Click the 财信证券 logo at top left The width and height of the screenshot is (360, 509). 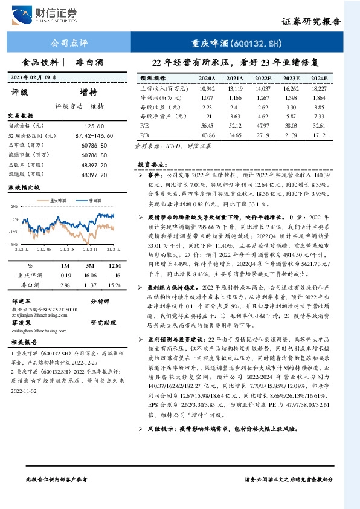(42, 15)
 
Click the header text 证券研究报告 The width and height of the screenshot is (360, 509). (311, 21)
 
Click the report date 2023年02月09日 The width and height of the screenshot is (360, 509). (33, 77)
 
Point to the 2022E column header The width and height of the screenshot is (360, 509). (262, 79)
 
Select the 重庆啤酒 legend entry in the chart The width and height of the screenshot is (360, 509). (59, 198)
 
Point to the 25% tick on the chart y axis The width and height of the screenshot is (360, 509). (13, 206)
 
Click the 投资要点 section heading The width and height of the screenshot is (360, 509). (152, 164)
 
